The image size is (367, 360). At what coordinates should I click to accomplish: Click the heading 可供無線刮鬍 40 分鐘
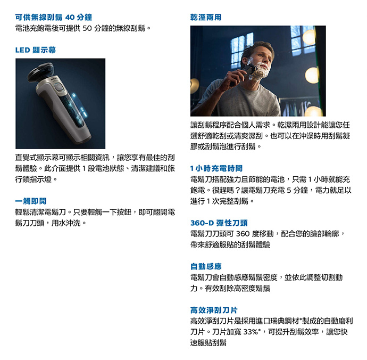(x=54, y=17)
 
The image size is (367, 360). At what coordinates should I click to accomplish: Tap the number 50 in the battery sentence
(x=87, y=28)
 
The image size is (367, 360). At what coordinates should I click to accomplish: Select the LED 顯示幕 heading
(x=36, y=50)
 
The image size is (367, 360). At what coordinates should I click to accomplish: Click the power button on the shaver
(x=59, y=88)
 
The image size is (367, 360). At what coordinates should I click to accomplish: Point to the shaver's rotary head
(x=40, y=72)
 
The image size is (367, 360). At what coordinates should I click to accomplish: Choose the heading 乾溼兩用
(x=206, y=17)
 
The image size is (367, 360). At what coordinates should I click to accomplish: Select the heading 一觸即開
(x=31, y=201)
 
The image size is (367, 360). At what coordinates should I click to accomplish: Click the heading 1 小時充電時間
(x=216, y=168)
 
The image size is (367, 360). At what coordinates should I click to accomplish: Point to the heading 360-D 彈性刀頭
(x=219, y=223)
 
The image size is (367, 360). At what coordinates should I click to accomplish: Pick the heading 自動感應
(x=206, y=266)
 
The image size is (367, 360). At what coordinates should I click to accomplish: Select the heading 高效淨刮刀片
(x=214, y=310)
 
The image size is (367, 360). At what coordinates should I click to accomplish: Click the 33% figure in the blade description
(x=251, y=332)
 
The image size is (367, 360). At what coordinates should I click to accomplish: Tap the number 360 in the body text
(x=243, y=234)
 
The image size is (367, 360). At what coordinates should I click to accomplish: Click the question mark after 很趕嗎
(x=237, y=190)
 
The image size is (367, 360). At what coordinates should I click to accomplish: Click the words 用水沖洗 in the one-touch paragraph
(x=66, y=223)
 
